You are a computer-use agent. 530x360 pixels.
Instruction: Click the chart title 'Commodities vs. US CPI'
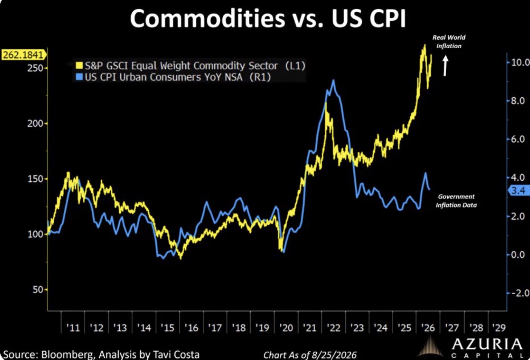click(268, 18)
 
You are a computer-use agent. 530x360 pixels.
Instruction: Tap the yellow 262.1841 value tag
click(24, 55)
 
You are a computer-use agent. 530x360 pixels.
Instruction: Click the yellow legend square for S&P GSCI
click(79, 66)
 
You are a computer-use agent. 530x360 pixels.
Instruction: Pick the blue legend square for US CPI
click(79, 77)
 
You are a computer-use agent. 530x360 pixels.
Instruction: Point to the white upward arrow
click(445, 66)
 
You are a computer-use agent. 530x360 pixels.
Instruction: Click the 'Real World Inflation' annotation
click(449, 42)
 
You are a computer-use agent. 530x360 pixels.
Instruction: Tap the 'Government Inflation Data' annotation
click(456, 201)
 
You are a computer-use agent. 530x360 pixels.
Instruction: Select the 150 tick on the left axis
click(35, 179)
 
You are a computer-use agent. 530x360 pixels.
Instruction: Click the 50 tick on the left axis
click(38, 289)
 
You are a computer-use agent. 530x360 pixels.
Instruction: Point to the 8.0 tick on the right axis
click(518, 101)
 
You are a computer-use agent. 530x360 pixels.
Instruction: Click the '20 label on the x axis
click(286, 328)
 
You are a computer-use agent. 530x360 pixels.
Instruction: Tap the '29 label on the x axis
click(499, 328)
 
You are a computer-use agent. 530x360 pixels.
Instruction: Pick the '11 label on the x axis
click(73, 328)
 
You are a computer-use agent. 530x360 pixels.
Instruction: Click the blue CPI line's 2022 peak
click(334, 80)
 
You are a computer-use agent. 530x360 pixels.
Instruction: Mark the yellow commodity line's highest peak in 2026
click(425, 45)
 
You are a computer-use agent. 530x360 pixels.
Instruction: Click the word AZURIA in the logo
click(487, 345)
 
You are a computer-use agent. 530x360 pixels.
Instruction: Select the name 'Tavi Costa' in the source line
click(176, 355)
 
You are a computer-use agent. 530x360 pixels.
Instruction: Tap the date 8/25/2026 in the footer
click(334, 355)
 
